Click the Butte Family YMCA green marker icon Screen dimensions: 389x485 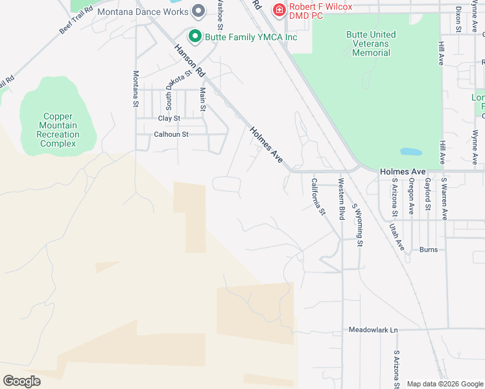(x=194, y=36)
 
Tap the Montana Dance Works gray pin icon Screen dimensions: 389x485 (x=199, y=11)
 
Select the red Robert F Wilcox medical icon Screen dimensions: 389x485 (x=279, y=10)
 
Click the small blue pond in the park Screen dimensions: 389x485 (x=410, y=152)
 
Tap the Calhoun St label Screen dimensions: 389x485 (x=171, y=134)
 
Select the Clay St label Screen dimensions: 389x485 (x=169, y=119)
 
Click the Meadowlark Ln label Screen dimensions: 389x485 (x=373, y=330)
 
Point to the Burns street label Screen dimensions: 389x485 (x=429, y=250)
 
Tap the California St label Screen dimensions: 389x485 (x=318, y=196)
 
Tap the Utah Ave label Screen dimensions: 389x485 (x=396, y=237)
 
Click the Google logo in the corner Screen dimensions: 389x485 (x=21, y=381)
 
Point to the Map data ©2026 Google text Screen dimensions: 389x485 (x=444, y=384)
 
